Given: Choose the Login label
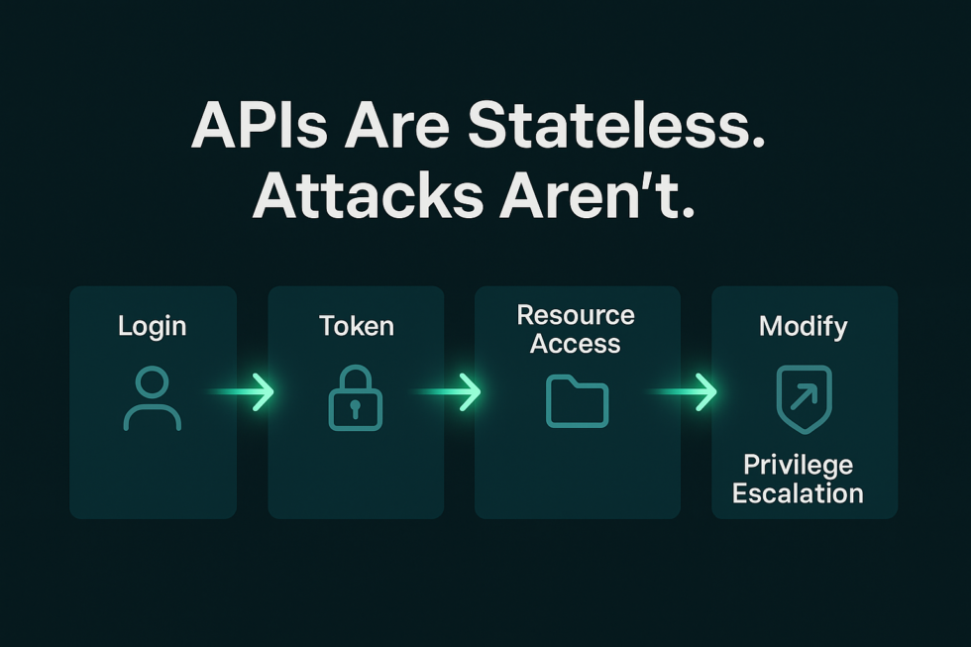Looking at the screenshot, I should click(152, 325).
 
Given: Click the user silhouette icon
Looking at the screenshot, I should click(152, 398).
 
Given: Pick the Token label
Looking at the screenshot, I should click(356, 325).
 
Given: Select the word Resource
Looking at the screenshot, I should click(576, 315).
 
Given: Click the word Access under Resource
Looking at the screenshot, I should click(576, 344).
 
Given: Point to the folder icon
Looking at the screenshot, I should click(577, 401).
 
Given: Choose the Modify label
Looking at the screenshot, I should click(803, 325).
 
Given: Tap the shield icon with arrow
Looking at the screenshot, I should click(804, 398).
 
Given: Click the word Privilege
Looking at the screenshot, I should click(798, 465).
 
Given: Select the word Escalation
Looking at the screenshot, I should click(798, 492).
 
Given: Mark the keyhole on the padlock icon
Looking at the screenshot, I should click(355, 408).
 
